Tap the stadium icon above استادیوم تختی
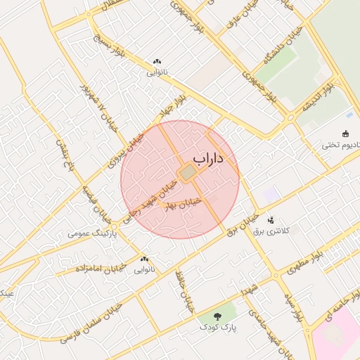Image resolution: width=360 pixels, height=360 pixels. (x=345, y=134)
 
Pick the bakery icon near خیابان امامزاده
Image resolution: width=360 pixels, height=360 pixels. (x=144, y=259)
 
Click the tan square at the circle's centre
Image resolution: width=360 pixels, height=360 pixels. (x=187, y=172)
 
